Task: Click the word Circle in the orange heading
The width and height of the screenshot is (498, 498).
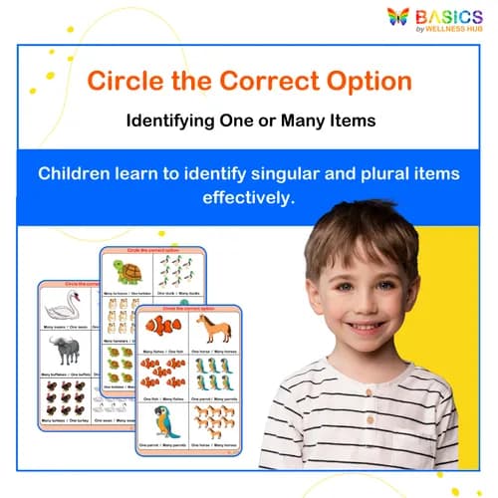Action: click(122, 81)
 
